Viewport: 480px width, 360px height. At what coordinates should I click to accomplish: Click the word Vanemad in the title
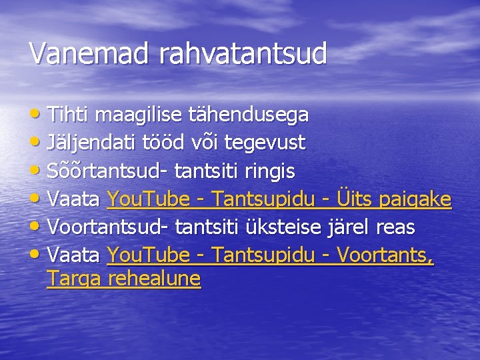point(90,53)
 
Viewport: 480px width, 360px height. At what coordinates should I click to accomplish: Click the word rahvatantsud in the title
point(243,53)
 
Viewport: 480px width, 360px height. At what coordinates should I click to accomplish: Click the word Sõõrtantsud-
point(107,171)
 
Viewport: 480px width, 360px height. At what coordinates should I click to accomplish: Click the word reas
point(395,227)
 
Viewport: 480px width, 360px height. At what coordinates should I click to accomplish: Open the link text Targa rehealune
point(123,279)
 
